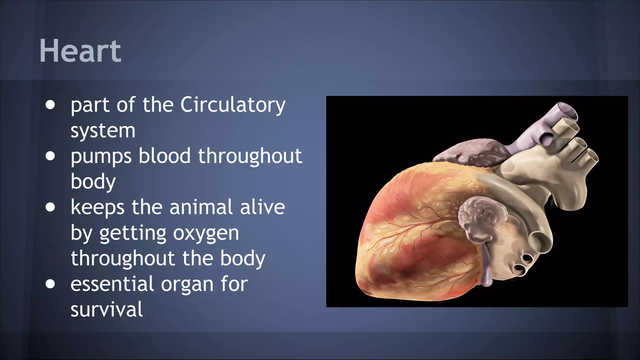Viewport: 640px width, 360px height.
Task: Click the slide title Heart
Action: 80,51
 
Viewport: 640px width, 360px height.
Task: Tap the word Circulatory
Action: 233,105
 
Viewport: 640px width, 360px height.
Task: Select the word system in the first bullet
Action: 103,131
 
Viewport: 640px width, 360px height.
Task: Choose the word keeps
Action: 97,208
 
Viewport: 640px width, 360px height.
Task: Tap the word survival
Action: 107,309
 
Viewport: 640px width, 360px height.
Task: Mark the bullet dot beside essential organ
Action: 50,284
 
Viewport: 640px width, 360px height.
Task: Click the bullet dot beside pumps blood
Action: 50,156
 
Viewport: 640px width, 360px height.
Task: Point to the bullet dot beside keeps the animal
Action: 50,207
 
